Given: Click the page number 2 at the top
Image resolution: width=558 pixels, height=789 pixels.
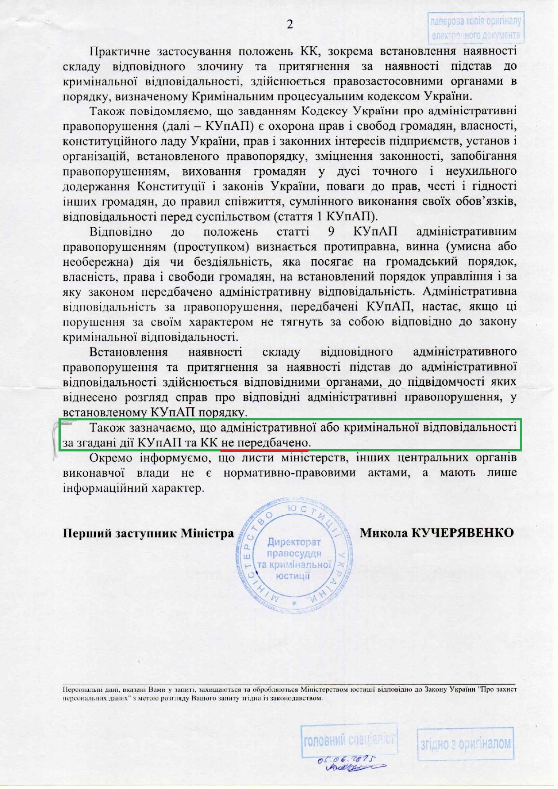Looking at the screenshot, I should pyautogui.click(x=290, y=24).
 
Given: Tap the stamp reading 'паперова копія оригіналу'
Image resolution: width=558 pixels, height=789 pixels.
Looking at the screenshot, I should pyautogui.click(x=476, y=28).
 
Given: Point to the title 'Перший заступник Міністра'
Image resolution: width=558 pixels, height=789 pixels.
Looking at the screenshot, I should pyautogui.click(x=148, y=534).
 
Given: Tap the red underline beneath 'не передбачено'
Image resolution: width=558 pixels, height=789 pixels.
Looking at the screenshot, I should pyautogui.click(x=265, y=449).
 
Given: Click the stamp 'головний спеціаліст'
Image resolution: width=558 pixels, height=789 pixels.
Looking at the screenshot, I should pyautogui.click(x=349, y=739).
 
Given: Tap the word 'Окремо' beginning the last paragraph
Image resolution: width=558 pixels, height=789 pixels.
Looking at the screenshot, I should pyautogui.click(x=111, y=458).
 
